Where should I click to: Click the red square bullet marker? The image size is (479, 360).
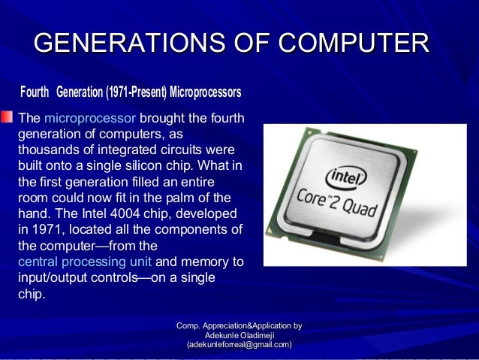[x=7, y=116]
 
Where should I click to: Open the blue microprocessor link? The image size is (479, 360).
[x=90, y=118]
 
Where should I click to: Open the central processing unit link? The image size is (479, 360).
[x=84, y=262]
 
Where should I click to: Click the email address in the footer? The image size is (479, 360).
[x=239, y=343]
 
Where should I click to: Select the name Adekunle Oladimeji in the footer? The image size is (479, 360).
[x=239, y=334]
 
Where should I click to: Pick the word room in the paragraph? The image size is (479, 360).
[x=32, y=198]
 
